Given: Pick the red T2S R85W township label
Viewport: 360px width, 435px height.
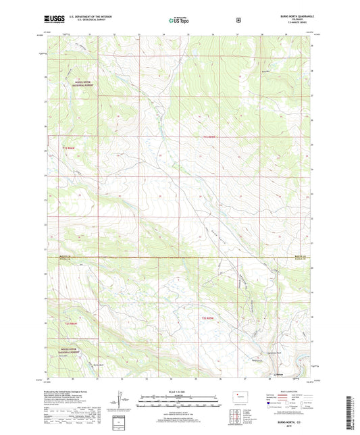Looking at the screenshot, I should click(211, 317).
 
